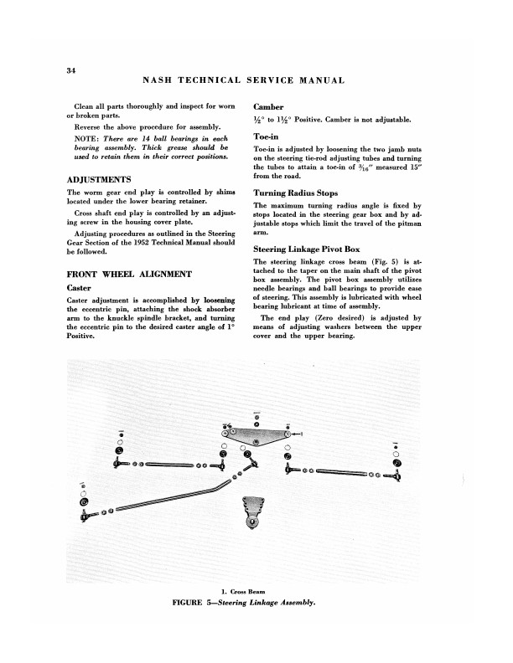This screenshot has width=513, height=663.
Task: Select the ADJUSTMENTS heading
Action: [98, 180]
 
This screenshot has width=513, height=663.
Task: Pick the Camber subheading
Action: [270, 107]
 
